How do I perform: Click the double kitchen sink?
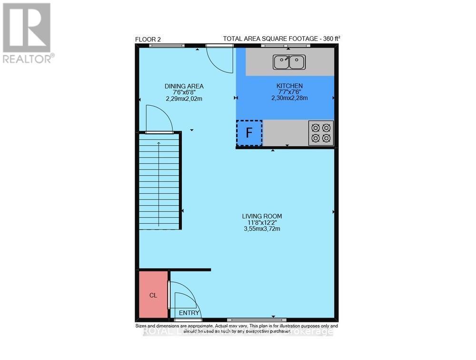click(x=289, y=61)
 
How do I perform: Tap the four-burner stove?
click(x=321, y=133)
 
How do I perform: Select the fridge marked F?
click(x=249, y=133)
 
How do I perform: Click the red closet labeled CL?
click(x=153, y=295)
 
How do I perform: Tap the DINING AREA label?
click(x=184, y=86)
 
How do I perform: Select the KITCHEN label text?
click(x=289, y=86)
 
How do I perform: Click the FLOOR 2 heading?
click(x=148, y=40)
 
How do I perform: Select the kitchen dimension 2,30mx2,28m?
click(x=289, y=98)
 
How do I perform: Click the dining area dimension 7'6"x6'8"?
click(x=184, y=92)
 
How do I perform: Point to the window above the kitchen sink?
click(x=285, y=46)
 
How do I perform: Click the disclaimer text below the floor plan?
click(x=237, y=329)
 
